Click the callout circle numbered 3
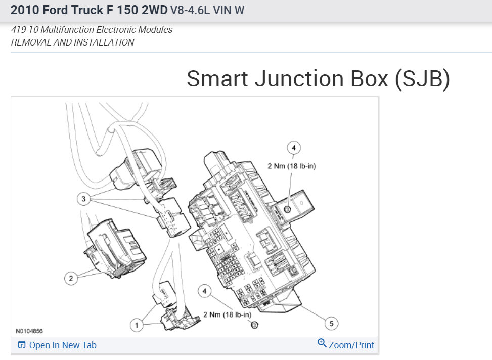(83, 199)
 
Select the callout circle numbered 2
(71, 278)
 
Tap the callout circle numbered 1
(137, 325)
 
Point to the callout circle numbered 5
(331, 323)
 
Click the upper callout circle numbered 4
(294, 148)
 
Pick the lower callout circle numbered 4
(205, 291)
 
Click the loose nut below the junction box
(254, 325)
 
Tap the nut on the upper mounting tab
(287, 209)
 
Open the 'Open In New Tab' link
(63, 345)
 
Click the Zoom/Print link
(351, 345)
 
